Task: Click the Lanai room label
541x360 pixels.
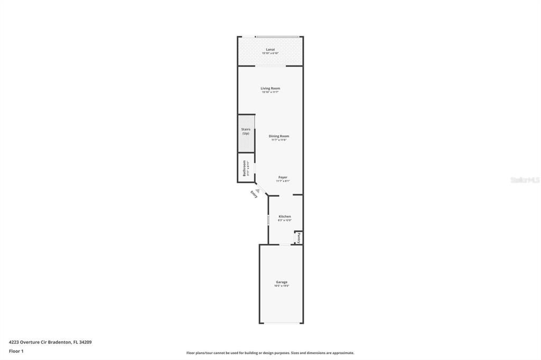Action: point(270,50)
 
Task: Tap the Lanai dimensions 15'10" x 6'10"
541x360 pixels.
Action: point(270,53)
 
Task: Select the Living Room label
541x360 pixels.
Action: point(270,88)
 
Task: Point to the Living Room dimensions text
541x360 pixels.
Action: point(270,92)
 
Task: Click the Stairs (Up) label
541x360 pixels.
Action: point(246,131)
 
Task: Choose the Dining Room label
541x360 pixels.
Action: point(278,136)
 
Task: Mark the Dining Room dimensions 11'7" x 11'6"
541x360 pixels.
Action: point(278,140)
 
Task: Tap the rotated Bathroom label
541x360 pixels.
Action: point(245,168)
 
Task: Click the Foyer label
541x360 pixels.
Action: point(283,177)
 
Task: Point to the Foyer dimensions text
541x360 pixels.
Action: point(283,181)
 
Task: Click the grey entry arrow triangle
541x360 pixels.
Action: point(258,191)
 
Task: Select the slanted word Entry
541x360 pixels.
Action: point(254,194)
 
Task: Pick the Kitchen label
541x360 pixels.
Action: point(285,216)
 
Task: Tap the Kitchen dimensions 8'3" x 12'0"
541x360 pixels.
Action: point(285,220)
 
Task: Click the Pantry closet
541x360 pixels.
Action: point(299,237)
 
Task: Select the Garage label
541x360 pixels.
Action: point(282,282)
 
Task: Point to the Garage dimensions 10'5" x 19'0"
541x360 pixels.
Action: point(282,286)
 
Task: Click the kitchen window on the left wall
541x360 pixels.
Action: point(268,219)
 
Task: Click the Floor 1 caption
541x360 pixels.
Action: point(16,350)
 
